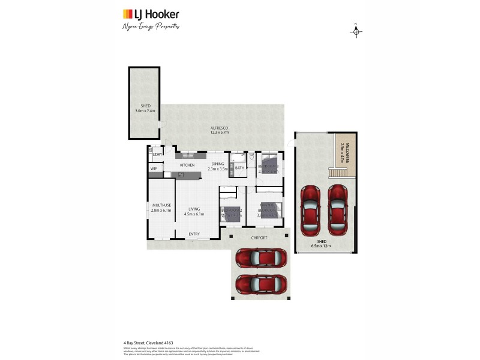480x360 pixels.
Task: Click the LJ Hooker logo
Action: tap(151, 14)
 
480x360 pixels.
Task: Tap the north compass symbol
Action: tap(356, 31)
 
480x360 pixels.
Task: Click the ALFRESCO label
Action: tap(220, 128)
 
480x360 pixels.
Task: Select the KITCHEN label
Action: tap(187, 165)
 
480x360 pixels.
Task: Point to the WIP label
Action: tap(154, 169)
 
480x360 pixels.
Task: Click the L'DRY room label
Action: tap(157, 155)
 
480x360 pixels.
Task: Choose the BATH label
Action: tap(239, 168)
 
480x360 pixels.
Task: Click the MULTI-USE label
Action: tap(161, 205)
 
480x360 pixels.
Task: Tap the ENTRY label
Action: tap(194, 234)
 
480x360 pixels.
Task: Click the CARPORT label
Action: tap(259, 238)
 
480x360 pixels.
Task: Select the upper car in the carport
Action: tap(259, 257)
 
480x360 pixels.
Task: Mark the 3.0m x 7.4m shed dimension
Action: tap(144, 111)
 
